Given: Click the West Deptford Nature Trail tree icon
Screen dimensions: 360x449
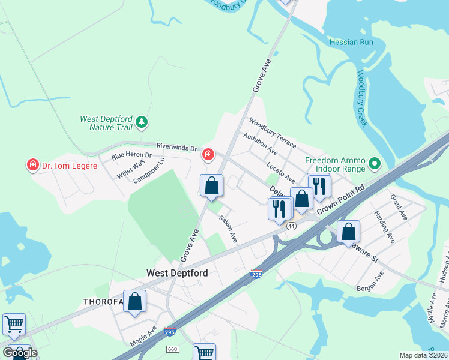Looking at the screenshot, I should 142,122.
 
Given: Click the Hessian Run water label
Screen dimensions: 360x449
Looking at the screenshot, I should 351,42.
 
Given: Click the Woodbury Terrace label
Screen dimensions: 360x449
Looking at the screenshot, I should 273,133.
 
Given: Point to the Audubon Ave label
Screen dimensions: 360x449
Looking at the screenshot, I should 260,143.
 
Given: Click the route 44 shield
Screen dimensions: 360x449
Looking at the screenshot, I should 291,226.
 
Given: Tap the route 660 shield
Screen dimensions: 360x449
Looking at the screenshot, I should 173,349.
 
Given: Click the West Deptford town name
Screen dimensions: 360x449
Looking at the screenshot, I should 178,273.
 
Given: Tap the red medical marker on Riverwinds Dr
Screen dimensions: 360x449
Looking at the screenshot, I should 208,155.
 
